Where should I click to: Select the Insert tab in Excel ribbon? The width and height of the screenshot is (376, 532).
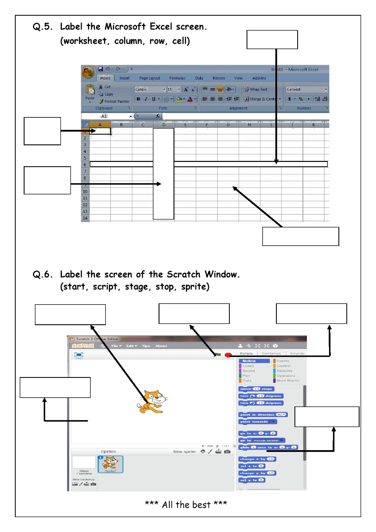click(x=124, y=78)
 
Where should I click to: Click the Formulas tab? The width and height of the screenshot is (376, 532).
click(x=177, y=78)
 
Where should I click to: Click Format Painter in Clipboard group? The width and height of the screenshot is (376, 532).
click(x=114, y=101)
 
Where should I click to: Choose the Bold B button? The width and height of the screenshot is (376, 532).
click(x=138, y=99)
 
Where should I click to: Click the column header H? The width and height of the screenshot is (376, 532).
click(x=249, y=125)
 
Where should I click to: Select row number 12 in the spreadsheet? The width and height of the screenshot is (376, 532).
click(x=85, y=205)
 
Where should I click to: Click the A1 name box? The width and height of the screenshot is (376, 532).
click(x=105, y=116)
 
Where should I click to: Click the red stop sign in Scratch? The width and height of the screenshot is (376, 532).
click(x=228, y=355)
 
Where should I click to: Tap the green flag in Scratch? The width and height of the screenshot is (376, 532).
click(x=218, y=355)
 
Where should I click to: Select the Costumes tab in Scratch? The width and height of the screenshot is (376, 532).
click(x=271, y=353)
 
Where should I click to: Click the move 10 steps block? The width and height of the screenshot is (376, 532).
click(x=256, y=389)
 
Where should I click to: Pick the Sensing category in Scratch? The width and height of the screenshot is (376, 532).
click(x=284, y=371)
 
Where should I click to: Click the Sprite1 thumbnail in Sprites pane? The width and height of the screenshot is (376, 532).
click(x=110, y=464)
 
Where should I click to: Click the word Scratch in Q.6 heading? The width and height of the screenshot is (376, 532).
click(x=184, y=274)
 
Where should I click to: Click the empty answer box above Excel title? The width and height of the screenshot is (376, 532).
click(x=272, y=40)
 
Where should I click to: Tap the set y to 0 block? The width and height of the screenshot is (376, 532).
click(x=252, y=480)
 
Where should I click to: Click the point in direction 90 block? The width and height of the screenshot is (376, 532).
click(x=263, y=415)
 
